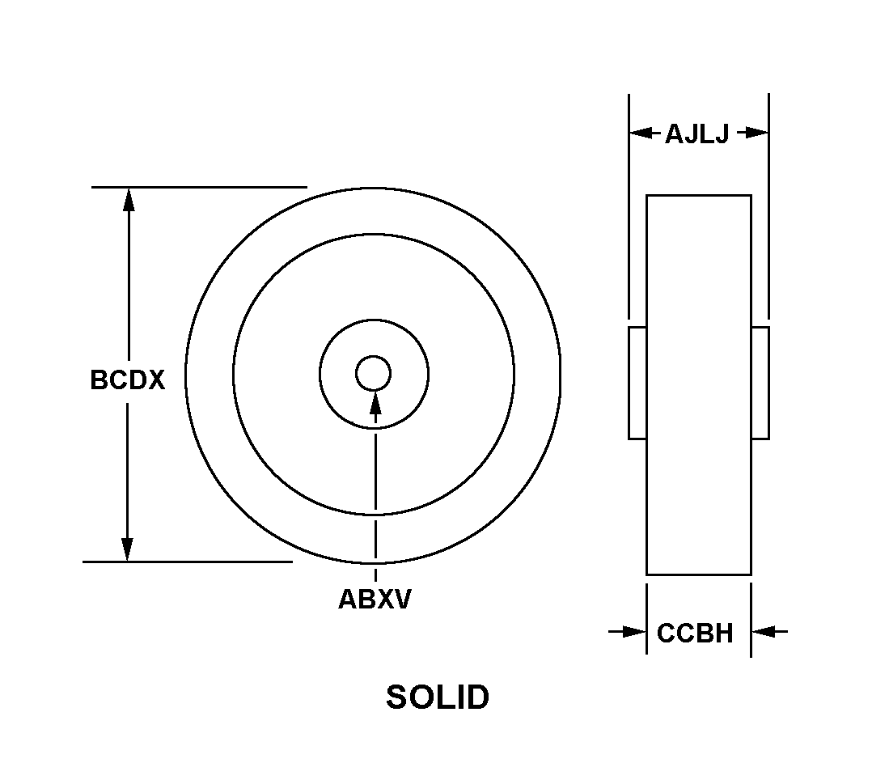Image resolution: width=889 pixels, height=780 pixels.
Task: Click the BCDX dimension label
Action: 128,380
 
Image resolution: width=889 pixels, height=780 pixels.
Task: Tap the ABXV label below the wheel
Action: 375,599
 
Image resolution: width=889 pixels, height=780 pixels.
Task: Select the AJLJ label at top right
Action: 696,134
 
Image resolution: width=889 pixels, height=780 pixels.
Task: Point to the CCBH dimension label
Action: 695,633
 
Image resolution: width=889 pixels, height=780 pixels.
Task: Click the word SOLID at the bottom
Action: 437,697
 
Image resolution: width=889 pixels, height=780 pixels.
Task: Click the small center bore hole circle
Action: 373,373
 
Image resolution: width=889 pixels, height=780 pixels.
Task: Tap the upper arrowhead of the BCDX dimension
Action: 129,200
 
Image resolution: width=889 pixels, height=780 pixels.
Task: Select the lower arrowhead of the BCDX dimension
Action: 128,549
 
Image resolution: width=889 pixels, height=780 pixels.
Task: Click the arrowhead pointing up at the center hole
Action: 375,402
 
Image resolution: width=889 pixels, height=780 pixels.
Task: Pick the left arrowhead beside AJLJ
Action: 641,134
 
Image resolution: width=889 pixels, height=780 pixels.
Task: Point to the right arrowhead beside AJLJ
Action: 756,134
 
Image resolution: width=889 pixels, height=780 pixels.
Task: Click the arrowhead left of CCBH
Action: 634,631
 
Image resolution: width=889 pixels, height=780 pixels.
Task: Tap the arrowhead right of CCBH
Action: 764,631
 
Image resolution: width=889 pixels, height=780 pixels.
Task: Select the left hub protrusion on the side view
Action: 637,383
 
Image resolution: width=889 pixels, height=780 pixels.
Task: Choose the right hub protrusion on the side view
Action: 760,383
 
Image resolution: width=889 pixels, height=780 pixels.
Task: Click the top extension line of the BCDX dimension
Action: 199,187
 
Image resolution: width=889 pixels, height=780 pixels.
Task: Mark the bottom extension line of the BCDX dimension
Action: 188,562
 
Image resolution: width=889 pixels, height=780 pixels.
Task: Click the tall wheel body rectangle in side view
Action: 699,385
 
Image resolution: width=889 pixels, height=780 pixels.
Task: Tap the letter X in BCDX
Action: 155,380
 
